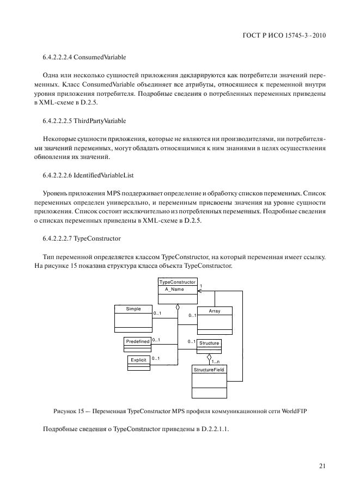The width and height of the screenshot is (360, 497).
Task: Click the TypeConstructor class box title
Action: click(x=177, y=282)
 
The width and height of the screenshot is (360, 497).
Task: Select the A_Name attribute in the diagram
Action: click(x=174, y=290)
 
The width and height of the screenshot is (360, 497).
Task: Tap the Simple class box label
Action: click(x=133, y=309)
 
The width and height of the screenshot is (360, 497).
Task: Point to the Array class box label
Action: click(x=215, y=311)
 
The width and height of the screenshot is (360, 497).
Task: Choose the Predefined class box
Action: click(x=138, y=341)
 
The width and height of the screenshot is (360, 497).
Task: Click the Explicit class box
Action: click(x=138, y=360)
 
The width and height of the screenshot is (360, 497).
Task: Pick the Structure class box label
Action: click(x=209, y=343)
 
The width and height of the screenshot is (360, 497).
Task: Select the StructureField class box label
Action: click(x=209, y=370)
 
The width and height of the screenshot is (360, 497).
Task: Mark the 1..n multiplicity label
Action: click(x=216, y=361)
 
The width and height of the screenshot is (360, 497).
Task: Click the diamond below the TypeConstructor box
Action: click(x=177, y=308)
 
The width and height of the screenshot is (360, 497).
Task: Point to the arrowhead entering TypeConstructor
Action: click(x=199, y=291)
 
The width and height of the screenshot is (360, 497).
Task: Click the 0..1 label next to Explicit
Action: click(x=155, y=358)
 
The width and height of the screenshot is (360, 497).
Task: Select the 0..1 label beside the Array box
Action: click(x=192, y=315)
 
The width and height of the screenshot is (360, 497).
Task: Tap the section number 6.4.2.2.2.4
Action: click(x=61, y=57)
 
